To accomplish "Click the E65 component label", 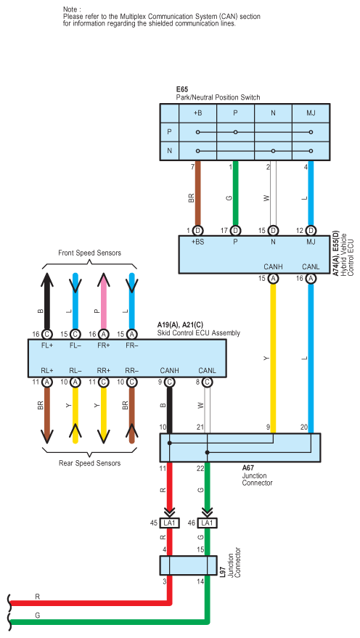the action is (182, 89).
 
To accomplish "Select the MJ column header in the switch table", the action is (311, 113).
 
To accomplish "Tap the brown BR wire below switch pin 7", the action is (197, 193).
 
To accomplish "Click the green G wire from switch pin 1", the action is (235, 193).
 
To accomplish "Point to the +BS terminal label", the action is (197, 242).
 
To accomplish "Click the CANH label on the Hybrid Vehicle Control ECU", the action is (273, 267).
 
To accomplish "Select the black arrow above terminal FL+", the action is (47, 300).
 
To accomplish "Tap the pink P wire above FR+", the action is (103, 300).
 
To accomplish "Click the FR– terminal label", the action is (132, 345).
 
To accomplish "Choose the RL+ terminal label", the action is (47, 371).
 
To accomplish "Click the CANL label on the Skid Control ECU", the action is (207, 371).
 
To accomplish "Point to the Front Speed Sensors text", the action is (89, 253).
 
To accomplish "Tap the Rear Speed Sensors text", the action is (89, 463).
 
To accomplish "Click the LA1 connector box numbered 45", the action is (170, 523).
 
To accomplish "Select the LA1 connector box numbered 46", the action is (207, 523).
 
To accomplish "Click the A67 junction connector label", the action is (247, 468).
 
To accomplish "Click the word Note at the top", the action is (70, 9).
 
